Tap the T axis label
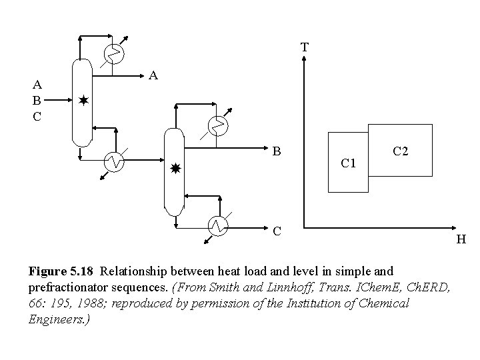(x=304, y=47)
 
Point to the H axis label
(x=461, y=239)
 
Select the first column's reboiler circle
(x=115, y=161)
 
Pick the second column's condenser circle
(x=217, y=124)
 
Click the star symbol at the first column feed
(x=83, y=101)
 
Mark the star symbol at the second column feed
(x=175, y=168)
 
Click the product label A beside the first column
(x=153, y=76)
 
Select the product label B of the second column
(x=277, y=151)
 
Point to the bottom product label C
(x=277, y=231)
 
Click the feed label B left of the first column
(x=38, y=101)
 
